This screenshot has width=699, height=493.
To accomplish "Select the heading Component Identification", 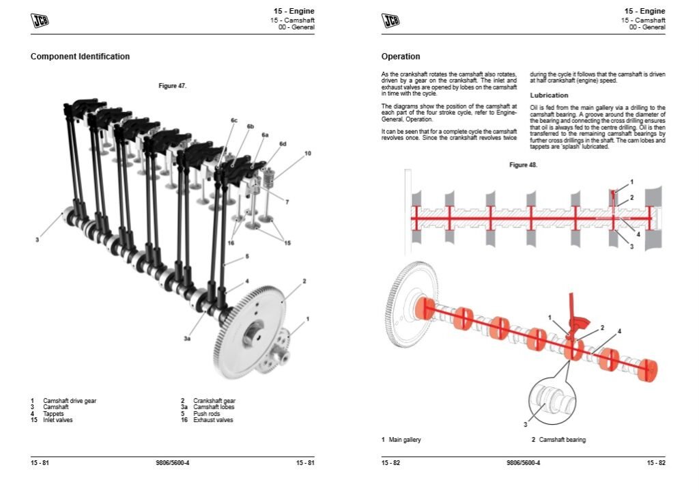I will [80, 57].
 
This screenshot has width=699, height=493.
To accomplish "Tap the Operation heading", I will [401, 57].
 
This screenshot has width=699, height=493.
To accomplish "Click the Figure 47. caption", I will [172, 85].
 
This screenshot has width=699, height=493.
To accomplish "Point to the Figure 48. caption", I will [523, 165].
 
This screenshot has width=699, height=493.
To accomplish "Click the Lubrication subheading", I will [549, 95].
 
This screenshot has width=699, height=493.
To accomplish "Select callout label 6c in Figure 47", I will [233, 120].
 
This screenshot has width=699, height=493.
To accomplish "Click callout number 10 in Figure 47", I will [307, 154].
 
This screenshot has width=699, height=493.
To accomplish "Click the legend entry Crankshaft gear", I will [214, 401].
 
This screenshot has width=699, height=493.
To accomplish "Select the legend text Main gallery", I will [405, 440].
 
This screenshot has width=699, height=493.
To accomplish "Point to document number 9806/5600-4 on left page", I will [173, 464].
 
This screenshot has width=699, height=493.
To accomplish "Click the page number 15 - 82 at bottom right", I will [655, 464].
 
